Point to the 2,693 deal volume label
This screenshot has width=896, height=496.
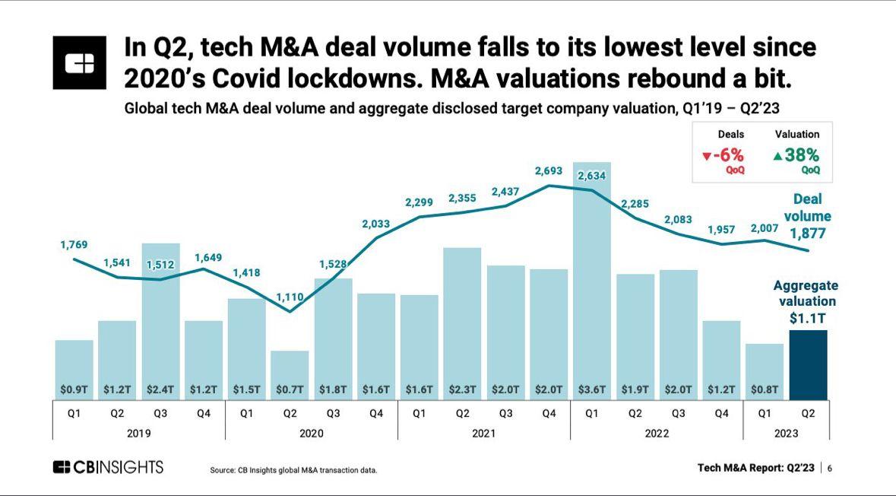point(549,171)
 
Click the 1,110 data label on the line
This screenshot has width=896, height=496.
point(290,297)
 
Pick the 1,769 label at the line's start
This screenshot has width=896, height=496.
point(74,244)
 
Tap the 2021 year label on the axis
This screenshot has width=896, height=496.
point(483,433)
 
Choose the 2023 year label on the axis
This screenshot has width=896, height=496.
point(786,433)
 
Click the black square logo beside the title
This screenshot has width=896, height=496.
point(80,62)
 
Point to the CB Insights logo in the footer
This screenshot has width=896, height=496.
point(108,467)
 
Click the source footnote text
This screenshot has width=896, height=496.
point(293,470)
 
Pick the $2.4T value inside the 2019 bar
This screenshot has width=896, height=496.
point(160,389)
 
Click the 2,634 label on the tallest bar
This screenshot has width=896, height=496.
point(592,176)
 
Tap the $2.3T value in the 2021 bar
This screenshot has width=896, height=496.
point(462,389)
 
